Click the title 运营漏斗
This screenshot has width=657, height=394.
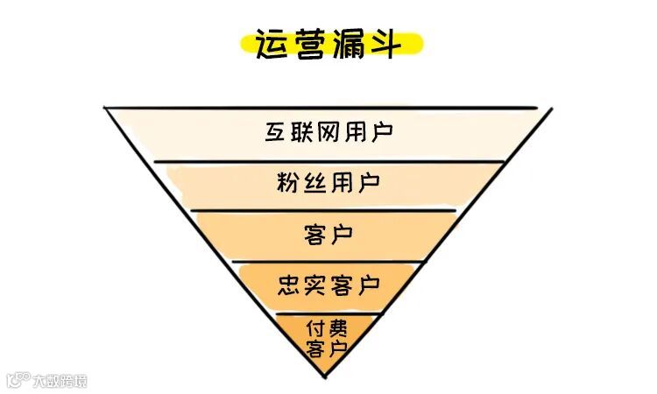[328, 44]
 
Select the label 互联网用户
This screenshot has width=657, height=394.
[328, 133]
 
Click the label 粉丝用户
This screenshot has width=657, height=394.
[328, 184]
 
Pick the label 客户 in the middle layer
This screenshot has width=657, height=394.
[328, 234]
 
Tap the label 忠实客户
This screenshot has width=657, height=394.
[328, 285]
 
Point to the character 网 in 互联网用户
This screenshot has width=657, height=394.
[328, 133]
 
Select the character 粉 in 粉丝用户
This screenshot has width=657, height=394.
[288, 184]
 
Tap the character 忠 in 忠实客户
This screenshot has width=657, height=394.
[289, 285]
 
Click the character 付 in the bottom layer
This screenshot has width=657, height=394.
[317, 329]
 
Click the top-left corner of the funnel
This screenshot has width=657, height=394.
[105, 108]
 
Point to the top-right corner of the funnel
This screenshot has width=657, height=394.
[552, 109]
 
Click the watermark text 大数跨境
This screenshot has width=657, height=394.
[60, 381]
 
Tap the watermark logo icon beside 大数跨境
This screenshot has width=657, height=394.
[18, 381]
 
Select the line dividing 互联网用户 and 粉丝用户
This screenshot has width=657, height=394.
[328, 161]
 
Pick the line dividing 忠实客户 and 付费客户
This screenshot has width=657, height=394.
[328, 312]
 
